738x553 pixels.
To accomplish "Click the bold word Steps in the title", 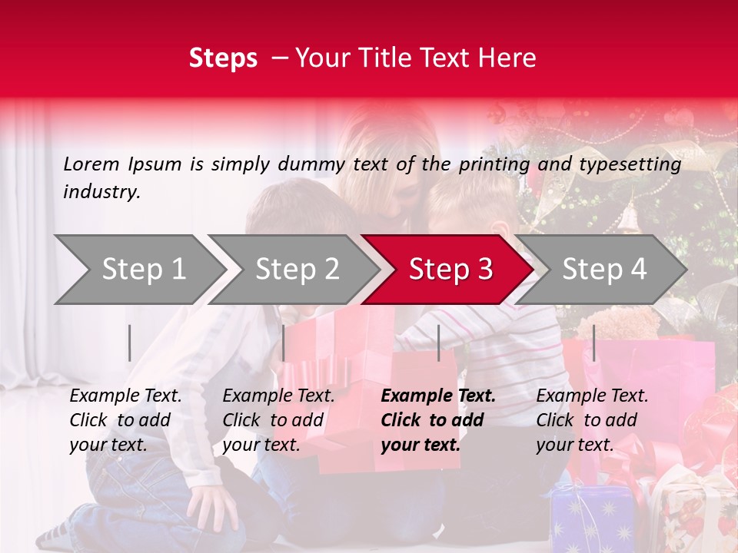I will (x=223, y=58).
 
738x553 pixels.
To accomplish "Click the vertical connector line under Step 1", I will (x=130, y=343).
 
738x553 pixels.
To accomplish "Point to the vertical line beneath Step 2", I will (x=284, y=343).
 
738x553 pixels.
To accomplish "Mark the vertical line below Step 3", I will (x=439, y=343).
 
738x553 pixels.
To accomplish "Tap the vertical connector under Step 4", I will (x=593, y=343).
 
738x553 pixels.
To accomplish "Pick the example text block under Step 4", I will (x=592, y=420).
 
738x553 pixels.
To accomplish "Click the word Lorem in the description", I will (x=91, y=164).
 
